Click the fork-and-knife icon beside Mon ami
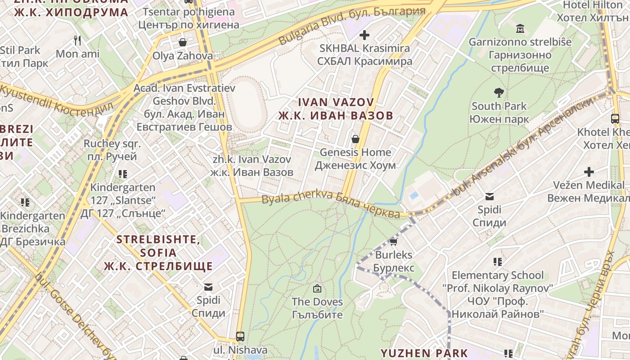point(77,40)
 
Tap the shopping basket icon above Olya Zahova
point(183,42)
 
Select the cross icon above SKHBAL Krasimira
point(364,35)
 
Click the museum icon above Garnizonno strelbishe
point(520,29)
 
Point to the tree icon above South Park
point(499,93)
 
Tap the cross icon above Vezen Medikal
point(589,171)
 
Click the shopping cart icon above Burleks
point(393,242)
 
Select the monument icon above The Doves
point(317,288)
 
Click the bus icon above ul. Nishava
point(240,336)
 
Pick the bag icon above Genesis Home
point(355,139)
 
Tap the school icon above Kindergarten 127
point(122,174)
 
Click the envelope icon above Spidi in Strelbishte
point(208,287)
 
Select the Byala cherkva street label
point(331,204)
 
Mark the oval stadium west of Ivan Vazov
point(246,105)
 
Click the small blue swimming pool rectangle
point(414,196)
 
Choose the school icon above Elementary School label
point(497,261)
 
